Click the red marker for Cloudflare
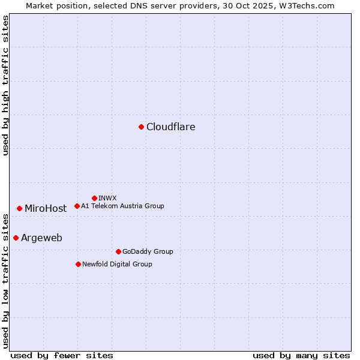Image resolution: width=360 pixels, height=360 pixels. [x=141, y=127]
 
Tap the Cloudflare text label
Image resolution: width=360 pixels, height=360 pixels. [x=171, y=127]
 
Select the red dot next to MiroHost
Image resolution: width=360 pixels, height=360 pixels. [x=19, y=208]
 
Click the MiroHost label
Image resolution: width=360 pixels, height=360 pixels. [x=46, y=209]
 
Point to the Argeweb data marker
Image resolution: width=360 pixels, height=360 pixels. [x=16, y=238]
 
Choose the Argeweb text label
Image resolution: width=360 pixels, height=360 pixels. [x=41, y=238]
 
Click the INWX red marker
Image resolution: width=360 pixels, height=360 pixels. [x=94, y=198]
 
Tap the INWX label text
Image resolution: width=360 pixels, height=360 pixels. [x=107, y=198]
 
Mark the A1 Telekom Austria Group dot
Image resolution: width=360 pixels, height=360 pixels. [x=77, y=206]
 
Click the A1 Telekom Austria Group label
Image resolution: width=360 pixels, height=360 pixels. [x=122, y=206]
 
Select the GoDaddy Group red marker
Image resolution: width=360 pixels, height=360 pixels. [x=118, y=251]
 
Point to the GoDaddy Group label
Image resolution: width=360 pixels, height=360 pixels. [x=148, y=251]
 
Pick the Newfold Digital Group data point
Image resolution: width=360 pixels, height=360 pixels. [x=78, y=264]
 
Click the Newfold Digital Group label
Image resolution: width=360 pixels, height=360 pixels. [x=117, y=264]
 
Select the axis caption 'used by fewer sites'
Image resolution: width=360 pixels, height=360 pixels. [x=62, y=355]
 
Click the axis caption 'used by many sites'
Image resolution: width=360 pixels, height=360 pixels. [x=301, y=355]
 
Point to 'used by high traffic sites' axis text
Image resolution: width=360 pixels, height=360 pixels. [x=5, y=85]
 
